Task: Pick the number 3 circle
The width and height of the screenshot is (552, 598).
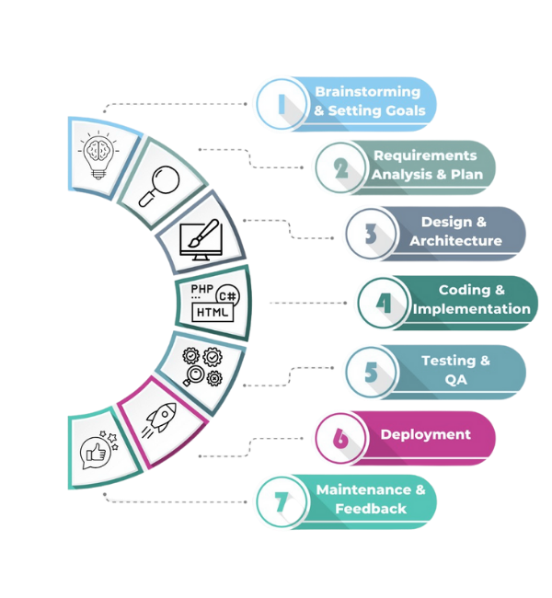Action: click(370, 233)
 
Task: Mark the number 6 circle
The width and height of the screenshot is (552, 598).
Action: click(340, 437)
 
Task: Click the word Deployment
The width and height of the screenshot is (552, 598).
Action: click(425, 435)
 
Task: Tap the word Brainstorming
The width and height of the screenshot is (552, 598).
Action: click(367, 92)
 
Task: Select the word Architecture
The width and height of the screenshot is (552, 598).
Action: click(455, 241)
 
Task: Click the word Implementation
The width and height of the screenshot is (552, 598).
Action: click(471, 309)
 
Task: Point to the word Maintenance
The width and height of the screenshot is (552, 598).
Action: click(362, 489)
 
